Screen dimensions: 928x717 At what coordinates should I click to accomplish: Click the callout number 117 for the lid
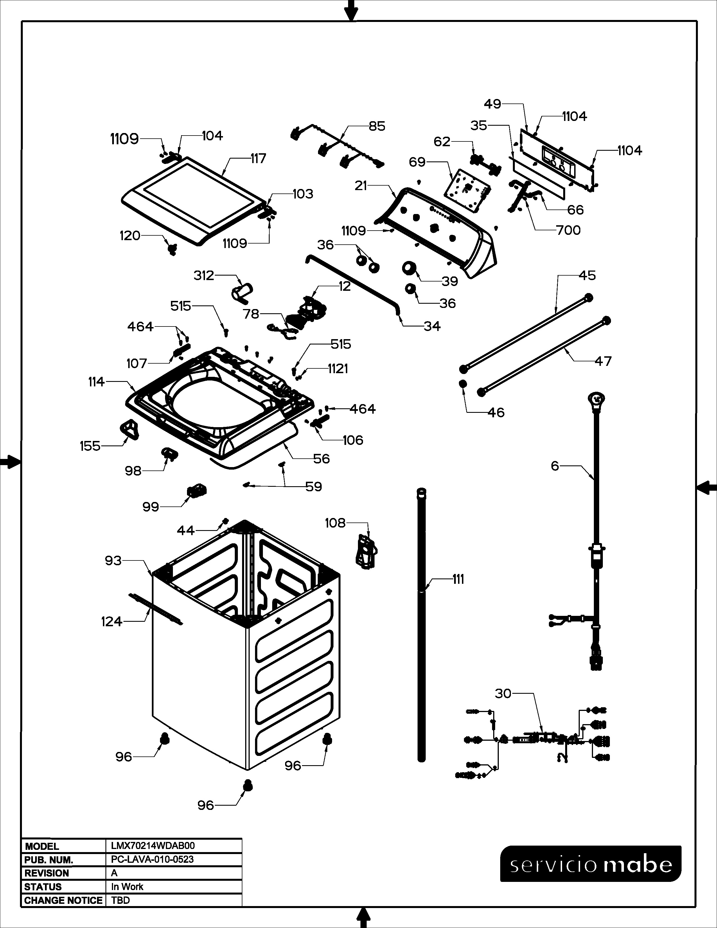click(x=258, y=159)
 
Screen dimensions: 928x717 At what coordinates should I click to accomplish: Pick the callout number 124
click(x=111, y=622)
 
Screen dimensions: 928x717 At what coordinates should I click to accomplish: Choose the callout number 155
click(x=90, y=446)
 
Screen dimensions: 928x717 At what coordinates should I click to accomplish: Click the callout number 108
click(x=335, y=523)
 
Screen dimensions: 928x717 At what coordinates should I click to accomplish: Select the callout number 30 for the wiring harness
click(x=503, y=693)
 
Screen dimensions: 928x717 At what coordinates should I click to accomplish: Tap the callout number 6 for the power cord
click(x=555, y=466)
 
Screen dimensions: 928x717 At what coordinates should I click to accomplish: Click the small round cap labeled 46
click(x=463, y=384)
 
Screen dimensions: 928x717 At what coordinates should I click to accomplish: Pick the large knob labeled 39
click(x=409, y=269)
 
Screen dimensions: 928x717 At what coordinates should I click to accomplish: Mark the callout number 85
click(x=377, y=126)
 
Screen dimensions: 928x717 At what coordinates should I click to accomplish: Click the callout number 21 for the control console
click(x=361, y=186)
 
